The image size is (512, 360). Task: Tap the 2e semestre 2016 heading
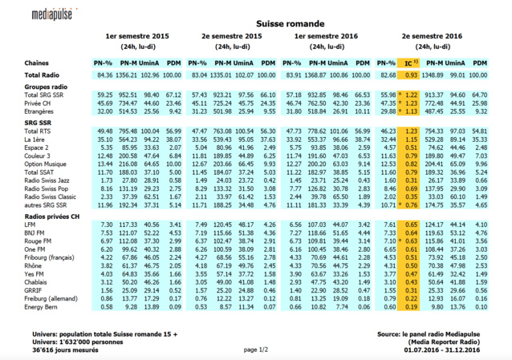(x=432, y=37)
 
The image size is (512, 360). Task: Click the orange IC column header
(x=410, y=63)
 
